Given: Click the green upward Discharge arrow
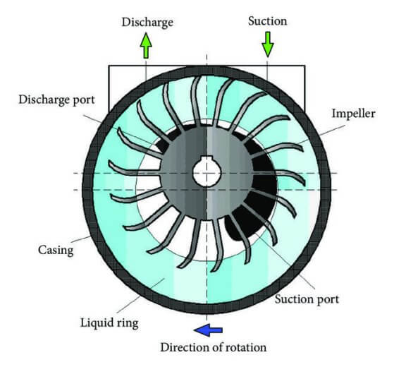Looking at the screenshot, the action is point(146,45).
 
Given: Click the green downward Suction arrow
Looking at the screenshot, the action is point(268,44).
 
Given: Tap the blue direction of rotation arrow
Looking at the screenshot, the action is point(209,330).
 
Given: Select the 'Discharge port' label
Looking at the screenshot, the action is point(57,100).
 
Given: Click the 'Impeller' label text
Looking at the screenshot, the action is point(354,114).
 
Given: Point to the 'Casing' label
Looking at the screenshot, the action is point(56,250).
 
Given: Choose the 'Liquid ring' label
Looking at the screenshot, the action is point(109,323).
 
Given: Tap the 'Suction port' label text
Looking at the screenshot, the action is point(307,299).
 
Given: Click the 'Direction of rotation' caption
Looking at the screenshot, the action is point(214,348).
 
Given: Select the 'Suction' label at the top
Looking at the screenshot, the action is point(268,21).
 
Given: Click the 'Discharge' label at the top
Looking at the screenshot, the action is point(147,23).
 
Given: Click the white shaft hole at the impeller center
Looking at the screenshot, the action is point(207,172).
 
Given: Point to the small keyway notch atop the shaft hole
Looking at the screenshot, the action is point(207,159).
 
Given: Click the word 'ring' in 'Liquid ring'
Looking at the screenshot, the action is point(128,323).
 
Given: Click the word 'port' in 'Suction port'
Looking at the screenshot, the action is point(328,300).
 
